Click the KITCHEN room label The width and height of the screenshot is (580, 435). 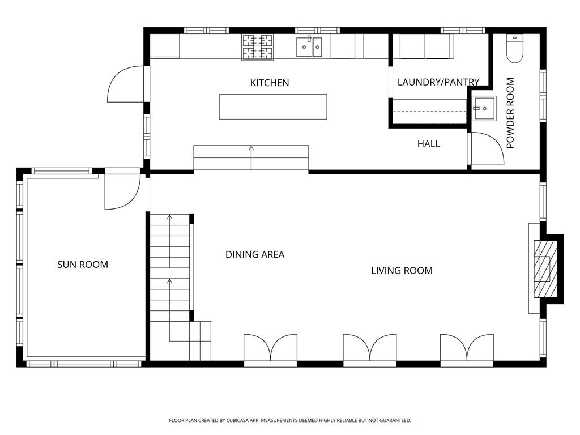(270, 83)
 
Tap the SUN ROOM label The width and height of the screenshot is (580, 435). (83, 265)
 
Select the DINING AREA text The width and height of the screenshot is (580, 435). (255, 254)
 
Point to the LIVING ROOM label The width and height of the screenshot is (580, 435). (402, 271)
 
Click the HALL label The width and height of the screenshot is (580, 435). (429, 144)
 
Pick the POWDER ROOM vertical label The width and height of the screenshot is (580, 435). (510, 113)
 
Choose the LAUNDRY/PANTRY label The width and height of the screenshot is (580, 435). (438, 82)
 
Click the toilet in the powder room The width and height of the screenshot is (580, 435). (514, 49)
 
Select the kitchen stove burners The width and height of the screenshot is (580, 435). (258, 47)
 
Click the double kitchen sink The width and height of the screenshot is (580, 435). (309, 46)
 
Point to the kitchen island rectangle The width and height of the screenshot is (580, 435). (273, 107)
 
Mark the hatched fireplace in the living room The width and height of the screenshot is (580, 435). (545, 269)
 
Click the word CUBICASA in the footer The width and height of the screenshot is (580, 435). (236, 421)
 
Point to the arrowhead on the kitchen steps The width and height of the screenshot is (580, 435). (251, 148)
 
